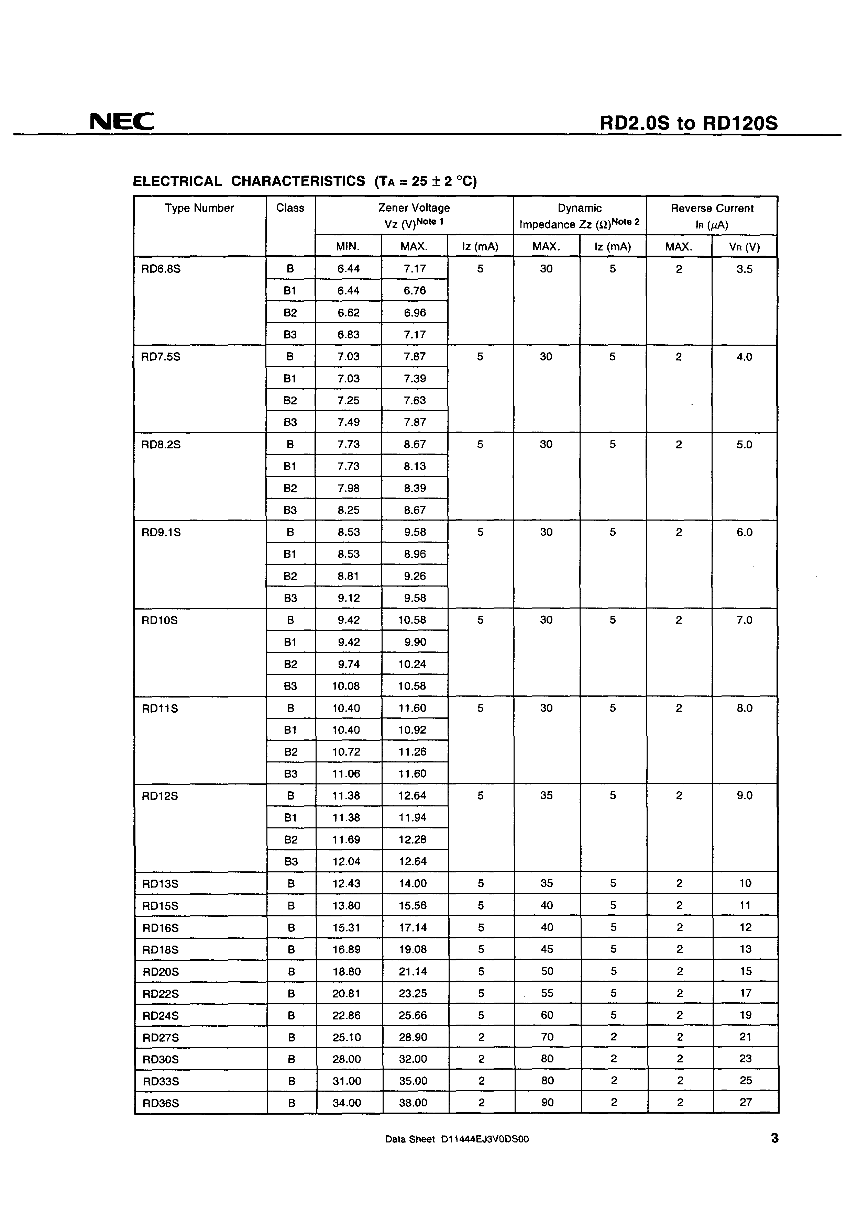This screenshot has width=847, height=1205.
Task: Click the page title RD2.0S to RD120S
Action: (x=689, y=123)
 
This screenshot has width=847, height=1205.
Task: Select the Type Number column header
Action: (x=199, y=208)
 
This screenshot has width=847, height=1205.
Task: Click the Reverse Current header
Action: (x=712, y=208)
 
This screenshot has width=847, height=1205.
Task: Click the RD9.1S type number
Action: (x=161, y=532)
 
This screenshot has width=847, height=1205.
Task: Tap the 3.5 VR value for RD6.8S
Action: (x=744, y=269)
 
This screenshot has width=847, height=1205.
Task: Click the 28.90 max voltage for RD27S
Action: (x=413, y=1037)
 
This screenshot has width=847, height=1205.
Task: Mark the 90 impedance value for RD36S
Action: (x=547, y=1102)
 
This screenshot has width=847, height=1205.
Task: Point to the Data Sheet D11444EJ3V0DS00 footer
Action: (x=457, y=1139)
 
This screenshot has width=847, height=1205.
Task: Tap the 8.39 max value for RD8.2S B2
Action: (x=414, y=488)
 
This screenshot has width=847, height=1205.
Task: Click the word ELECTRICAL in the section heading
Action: (x=177, y=181)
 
